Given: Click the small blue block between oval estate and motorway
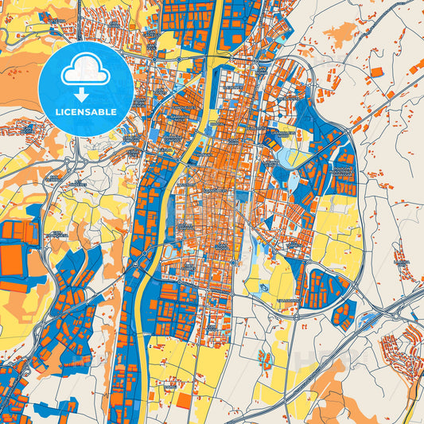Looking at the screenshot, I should click(343, 315).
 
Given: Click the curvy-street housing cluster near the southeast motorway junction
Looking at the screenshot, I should click(398, 350).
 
